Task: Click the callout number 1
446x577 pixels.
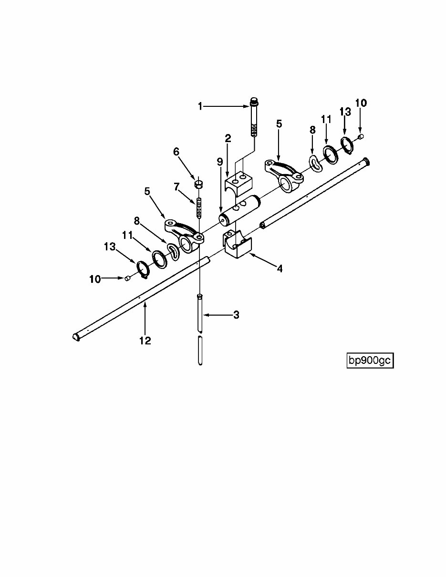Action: [x=200, y=106]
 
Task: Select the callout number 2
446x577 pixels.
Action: [x=228, y=139]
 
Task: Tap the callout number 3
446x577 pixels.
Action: [x=236, y=315]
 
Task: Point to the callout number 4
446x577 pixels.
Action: [x=280, y=269]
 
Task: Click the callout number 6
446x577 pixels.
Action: [x=176, y=152]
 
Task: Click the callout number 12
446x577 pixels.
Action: [x=145, y=340]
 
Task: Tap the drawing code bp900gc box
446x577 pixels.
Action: [x=370, y=361]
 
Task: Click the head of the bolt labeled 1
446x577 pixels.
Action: [x=254, y=101]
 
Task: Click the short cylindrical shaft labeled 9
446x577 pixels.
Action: [x=240, y=210]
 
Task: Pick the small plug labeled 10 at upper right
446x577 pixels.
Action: [x=361, y=137]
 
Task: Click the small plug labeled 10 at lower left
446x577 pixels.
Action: [x=127, y=278]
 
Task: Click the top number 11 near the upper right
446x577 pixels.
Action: [x=326, y=119]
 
